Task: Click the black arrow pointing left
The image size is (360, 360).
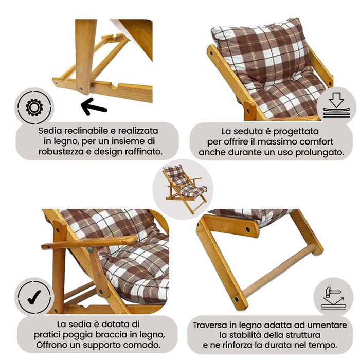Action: point(94,107)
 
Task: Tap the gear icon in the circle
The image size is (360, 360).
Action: point(34,107)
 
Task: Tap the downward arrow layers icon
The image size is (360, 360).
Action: point(336,106)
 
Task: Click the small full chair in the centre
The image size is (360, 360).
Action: point(184,188)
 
